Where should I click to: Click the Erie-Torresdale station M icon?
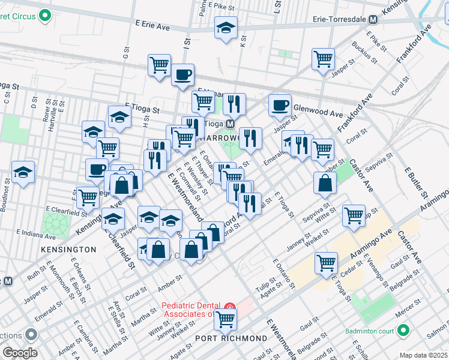tap(372, 19)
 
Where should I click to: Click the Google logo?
tap(20, 353)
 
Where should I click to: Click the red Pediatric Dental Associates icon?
tap(229, 308)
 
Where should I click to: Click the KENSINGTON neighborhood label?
tap(68, 249)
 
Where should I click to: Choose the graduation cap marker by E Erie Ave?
tap(226, 28)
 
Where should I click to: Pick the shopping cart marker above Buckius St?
tap(323, 59)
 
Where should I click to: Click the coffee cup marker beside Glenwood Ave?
tap(279, 105)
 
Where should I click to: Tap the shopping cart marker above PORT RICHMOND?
tap(225, 319)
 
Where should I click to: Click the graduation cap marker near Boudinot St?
tap(23, 172)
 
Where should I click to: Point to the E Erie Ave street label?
tap(153, 26)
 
